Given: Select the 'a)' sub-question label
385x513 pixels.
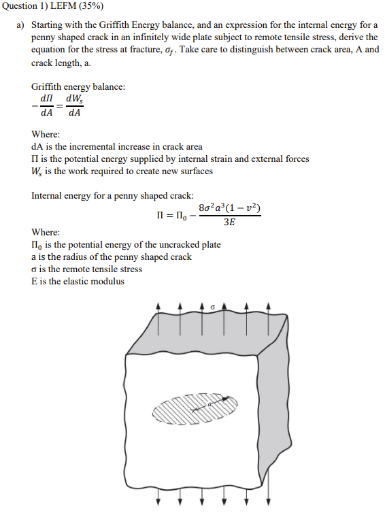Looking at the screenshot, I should [20, 25].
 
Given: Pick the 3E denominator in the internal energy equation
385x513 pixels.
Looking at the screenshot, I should [229, 222].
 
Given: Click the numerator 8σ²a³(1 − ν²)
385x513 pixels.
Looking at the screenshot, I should [230, 208].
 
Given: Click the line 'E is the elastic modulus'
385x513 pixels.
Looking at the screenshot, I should [78, 281].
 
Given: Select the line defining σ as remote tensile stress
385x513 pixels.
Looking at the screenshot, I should [86, 269].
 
